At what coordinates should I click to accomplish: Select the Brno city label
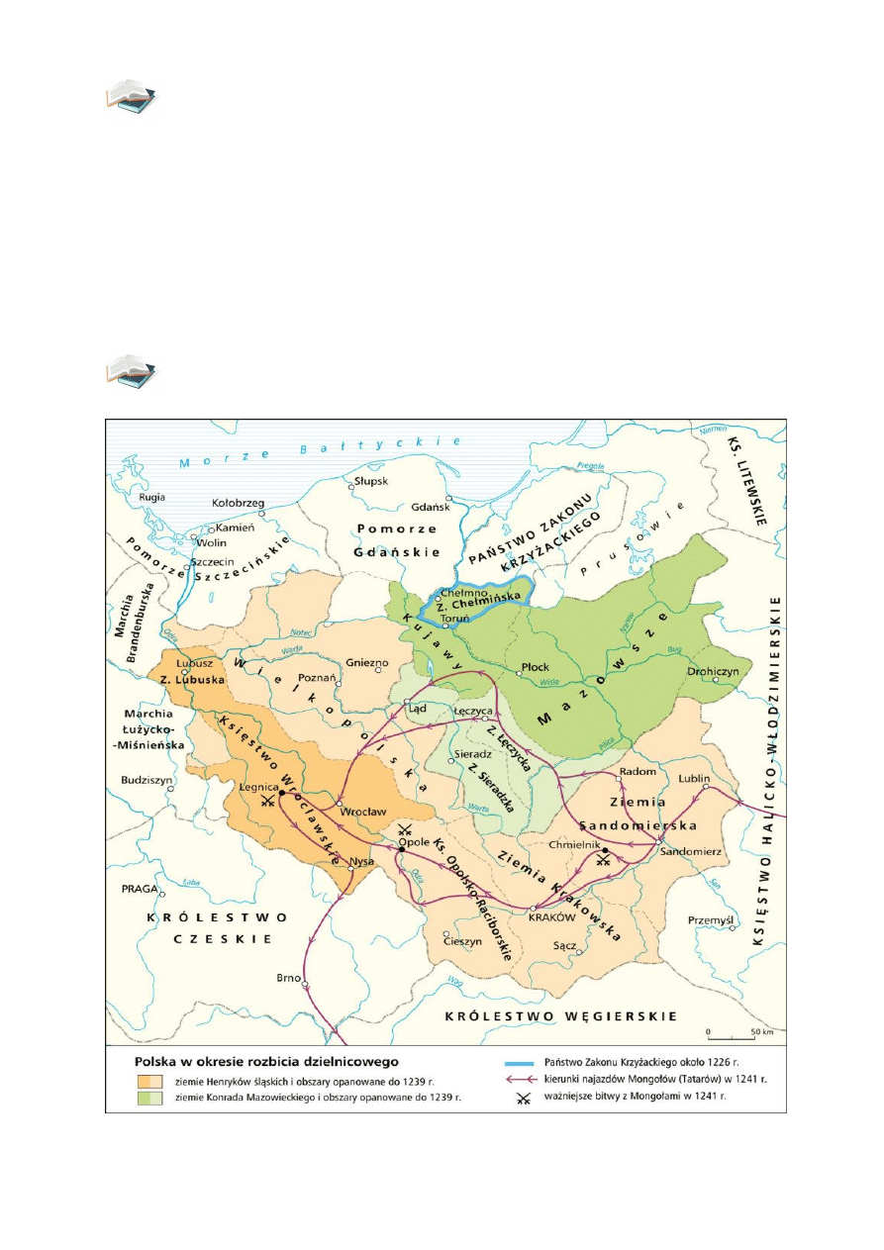(288, 978)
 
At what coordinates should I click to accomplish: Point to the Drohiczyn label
(712, 672)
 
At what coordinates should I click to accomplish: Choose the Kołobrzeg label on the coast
(239, 503)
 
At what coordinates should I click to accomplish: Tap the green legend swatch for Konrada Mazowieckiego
(149, 1098)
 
